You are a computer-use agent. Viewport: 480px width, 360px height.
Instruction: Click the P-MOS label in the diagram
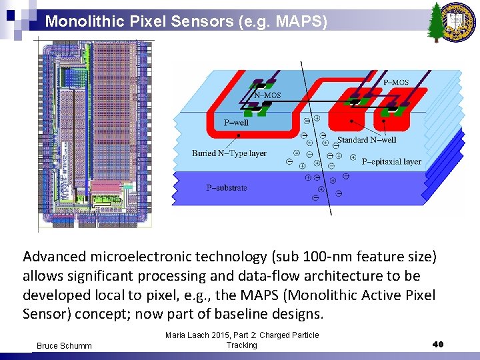(x=396, y=82)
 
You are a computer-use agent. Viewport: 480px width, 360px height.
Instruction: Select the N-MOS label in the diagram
(x=269, y=95)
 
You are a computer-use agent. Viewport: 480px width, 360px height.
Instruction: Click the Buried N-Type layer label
(x=229, y=153)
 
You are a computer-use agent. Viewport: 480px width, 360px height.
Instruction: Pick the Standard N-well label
(x=367, y=139)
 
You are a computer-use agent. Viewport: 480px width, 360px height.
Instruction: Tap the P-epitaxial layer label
(x=391, y=161)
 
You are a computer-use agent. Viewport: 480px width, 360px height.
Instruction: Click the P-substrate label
(x=226, y=188)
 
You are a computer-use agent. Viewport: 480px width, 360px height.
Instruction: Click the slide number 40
(x=437, y=344)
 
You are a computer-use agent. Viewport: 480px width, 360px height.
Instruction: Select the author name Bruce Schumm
(x=64, y=346)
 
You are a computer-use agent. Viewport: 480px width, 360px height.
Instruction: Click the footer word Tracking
(x=241, y=345)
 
